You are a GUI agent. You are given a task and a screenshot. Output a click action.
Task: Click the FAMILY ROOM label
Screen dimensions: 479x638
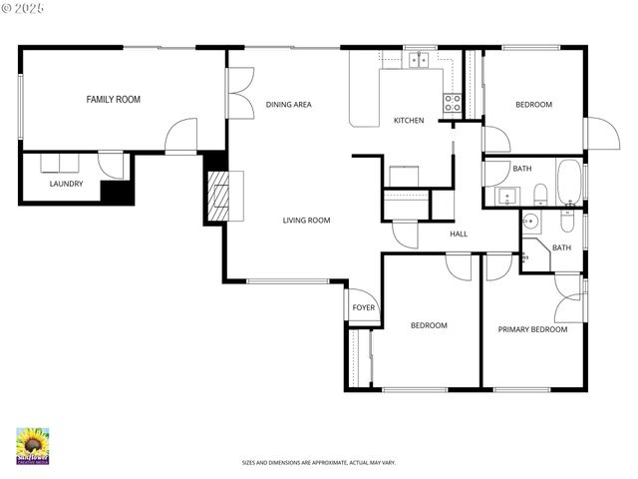pyautogui.click(x=113, y=99)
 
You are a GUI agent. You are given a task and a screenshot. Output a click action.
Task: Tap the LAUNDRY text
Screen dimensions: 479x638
pyautogui.click(x=67, y=184)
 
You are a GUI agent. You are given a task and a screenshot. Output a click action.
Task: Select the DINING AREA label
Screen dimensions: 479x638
pyautogui.click(x=289, y=104)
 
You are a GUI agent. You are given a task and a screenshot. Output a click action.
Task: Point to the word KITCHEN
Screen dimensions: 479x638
pyautogui.click(x=409, y=121)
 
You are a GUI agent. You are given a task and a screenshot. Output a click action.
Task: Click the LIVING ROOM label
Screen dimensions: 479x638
pyautogui.click(x=306, y=221)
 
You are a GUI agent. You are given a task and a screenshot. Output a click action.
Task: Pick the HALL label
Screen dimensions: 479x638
pyautogui.click(x=459, y=234)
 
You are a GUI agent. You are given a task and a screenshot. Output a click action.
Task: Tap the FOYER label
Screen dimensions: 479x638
pyautogui.click(x=364, y=307)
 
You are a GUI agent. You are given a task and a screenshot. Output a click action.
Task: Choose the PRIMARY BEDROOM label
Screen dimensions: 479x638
pyautogui.click(x=532, y=329)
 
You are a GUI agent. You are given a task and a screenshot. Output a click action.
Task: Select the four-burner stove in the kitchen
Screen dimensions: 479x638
pyautogui.click(x=453, y=100)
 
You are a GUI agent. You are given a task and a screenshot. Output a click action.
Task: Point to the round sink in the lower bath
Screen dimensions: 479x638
pyautogui.click(x=532, y=222)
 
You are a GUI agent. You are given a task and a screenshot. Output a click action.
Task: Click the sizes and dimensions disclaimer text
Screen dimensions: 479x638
pyautogui.click(x=319, y=463)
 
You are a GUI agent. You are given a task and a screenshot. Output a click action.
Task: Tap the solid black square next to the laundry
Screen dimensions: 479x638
pyautogui.click(x=118, y=192)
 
